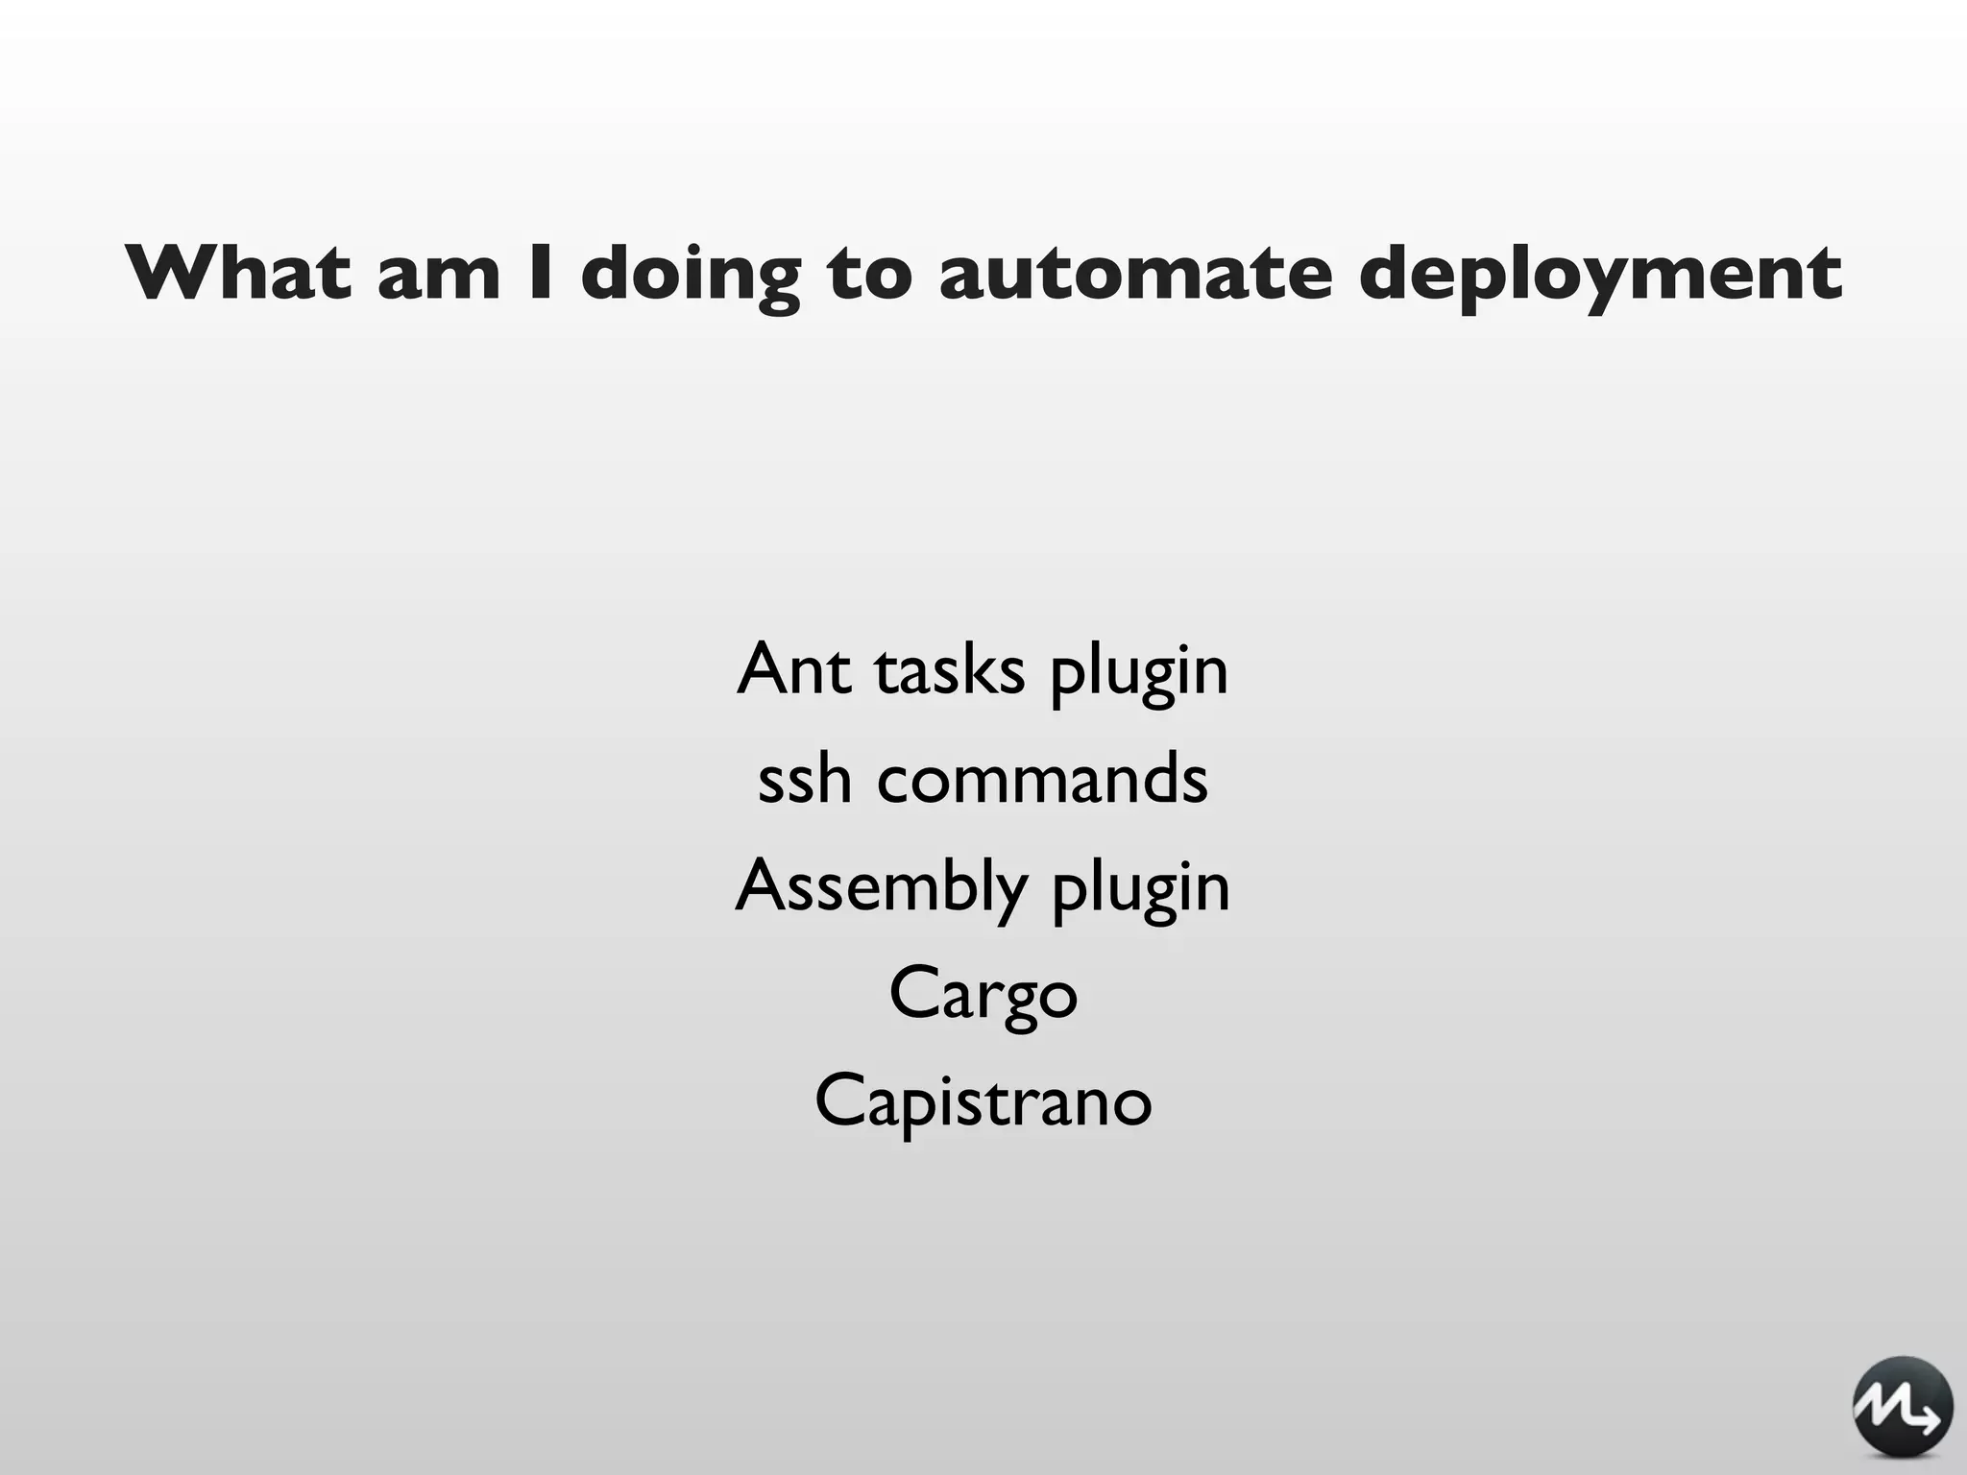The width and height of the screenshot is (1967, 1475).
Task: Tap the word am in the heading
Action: pos(439,275)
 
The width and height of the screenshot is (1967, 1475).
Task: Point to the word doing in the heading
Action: pos(691,275)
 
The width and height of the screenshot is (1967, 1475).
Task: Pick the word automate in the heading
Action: pos(1135,275)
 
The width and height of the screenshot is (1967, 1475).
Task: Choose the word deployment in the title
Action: pos(1600,275)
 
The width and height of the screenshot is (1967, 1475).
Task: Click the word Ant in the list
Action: pos(793,668)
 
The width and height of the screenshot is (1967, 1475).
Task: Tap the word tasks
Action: pos(950,669)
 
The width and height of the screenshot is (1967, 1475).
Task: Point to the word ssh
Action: pos(804,777)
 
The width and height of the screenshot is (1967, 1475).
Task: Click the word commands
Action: pos(1042,777)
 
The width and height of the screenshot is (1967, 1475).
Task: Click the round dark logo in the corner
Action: pos(1902,1405)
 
